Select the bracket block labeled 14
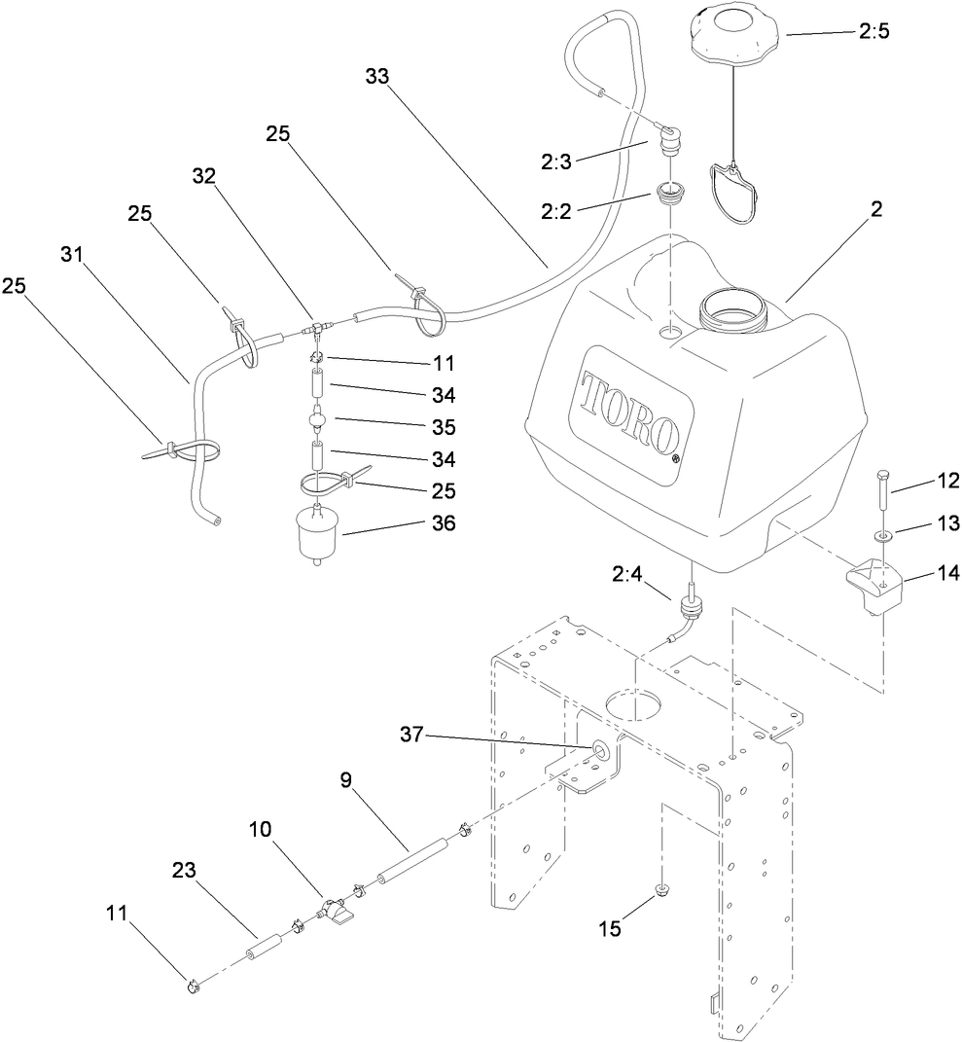873,585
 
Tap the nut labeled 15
661,888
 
